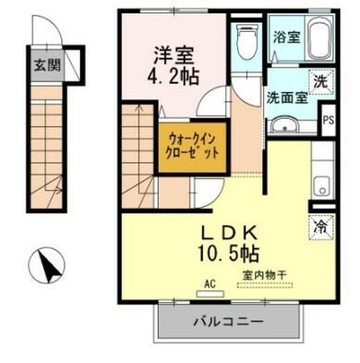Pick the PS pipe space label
point(328,120)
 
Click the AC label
point(210,284)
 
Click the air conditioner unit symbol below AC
point(210,294)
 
